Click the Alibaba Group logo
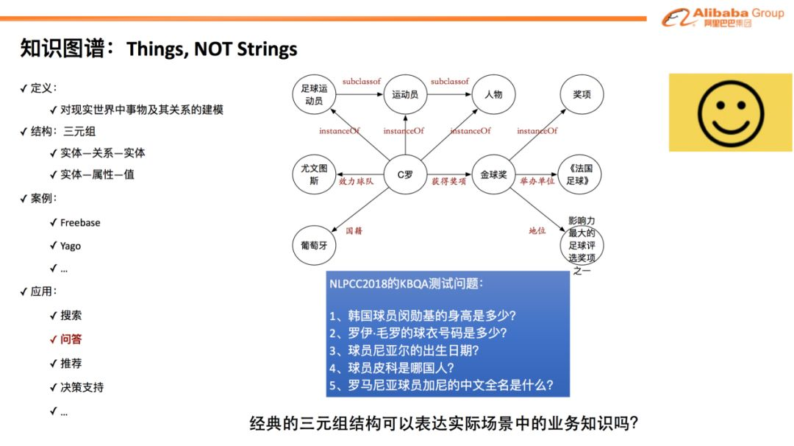coord(723,17)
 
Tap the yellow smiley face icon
coord(730,113)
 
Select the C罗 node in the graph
coord(405,175)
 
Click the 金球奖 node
coord(493,175)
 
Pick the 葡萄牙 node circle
coord(314,245)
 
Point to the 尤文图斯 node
coord(314,175)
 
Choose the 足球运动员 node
coord(314,94)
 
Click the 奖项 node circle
coord(582,94)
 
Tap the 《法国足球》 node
coord(579,175)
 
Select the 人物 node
coord(493,94)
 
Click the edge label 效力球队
coord(356,182)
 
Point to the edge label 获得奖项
coord(448,182)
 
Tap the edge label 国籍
coord(354,230)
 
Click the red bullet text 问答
coord(71,339)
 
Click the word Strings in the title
coord(267,49)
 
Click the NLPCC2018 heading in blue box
coord(406,284)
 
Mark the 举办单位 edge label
coord(537,182)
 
